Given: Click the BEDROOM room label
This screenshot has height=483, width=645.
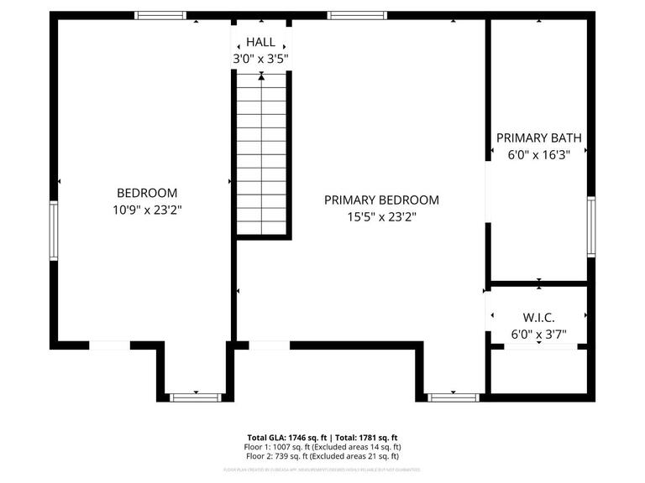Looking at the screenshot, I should point(147,193).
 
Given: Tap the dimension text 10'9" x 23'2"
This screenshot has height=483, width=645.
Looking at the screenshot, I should point(147,210).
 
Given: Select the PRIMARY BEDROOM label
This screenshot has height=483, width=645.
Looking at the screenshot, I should point(381,200).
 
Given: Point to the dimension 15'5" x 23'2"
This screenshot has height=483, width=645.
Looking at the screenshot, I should point(381,216).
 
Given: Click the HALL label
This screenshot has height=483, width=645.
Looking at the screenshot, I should point(260,42).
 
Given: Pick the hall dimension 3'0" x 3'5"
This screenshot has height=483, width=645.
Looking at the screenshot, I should point(260,59).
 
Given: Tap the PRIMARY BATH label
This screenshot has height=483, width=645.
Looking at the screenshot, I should point(538,138).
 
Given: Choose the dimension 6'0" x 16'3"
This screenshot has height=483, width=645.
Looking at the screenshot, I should point(538,154).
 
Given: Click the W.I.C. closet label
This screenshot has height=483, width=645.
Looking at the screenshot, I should point(538,317).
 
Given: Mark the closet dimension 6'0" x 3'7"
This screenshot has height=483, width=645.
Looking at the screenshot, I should point(538,334).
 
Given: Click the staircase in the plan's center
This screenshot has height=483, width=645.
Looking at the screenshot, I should point(262,155).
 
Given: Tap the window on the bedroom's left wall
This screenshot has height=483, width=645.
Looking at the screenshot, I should point(54,230).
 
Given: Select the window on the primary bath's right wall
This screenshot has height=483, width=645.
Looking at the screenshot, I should point(591,226).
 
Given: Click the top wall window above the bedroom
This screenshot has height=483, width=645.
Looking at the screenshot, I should point(160,15).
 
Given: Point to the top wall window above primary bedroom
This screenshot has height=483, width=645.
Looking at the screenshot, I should point(357,15).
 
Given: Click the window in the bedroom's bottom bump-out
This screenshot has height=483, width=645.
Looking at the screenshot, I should point(195,397).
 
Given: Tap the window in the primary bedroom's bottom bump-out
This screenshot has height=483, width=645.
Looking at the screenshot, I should point(453,397).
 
